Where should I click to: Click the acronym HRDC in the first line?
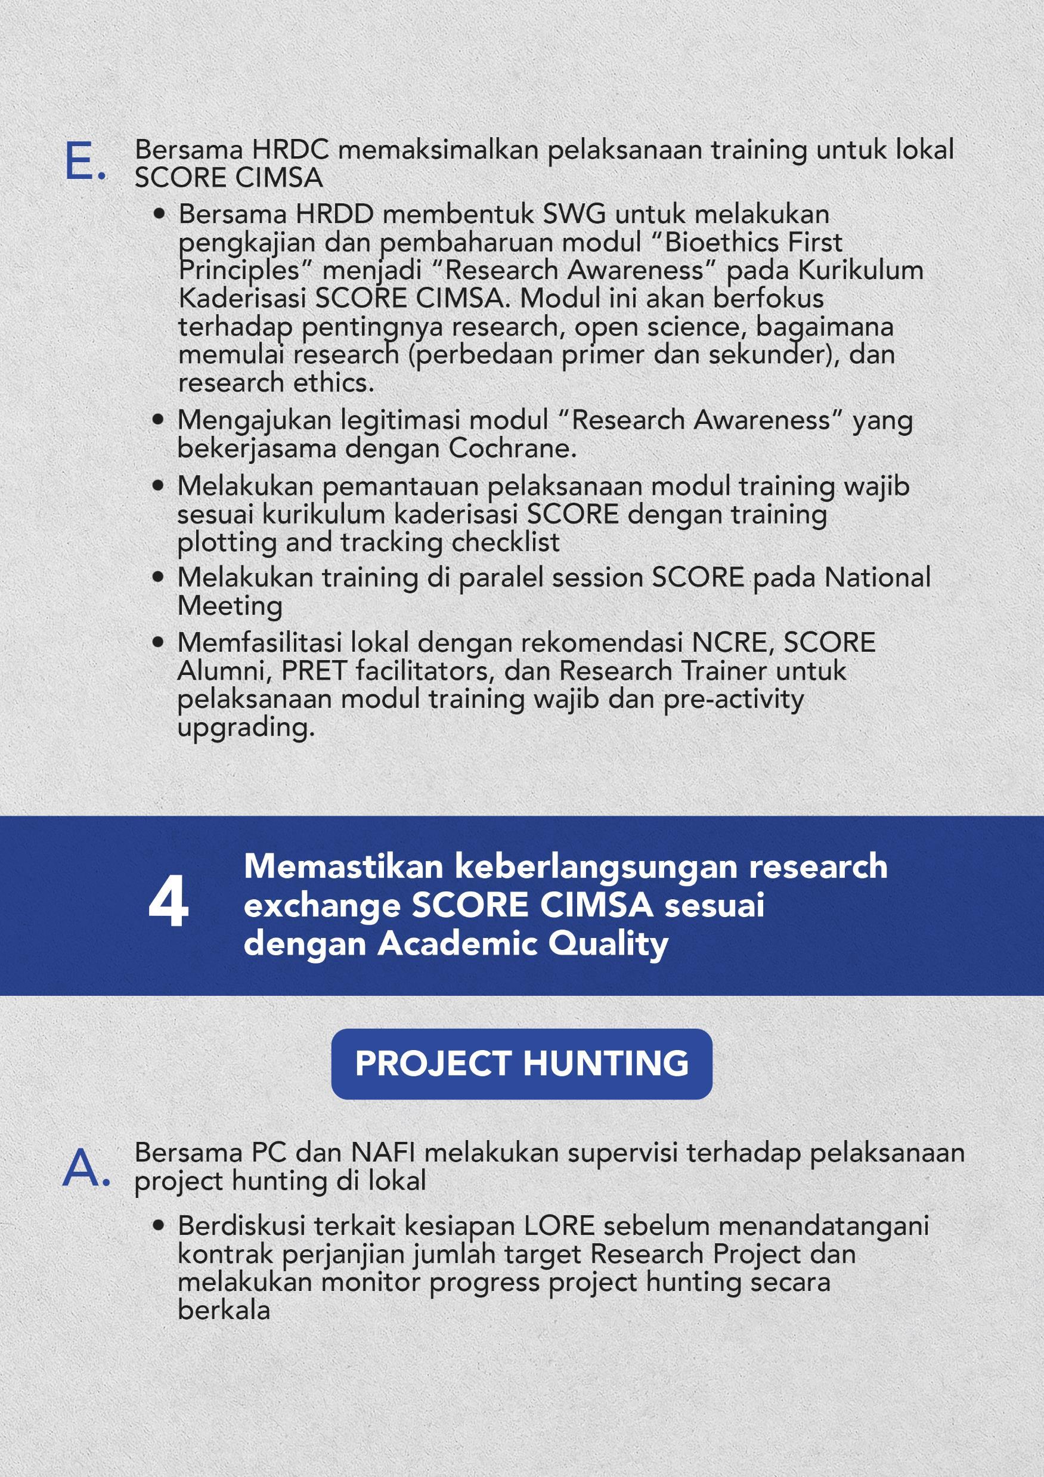click(290, 150)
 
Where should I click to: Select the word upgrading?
click(246, 727)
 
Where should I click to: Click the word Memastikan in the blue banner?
click(343, 866)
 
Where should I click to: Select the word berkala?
click(223, 1310)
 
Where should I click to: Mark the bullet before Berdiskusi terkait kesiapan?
click(158, 1226)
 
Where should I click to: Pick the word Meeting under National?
click(230, 606)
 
